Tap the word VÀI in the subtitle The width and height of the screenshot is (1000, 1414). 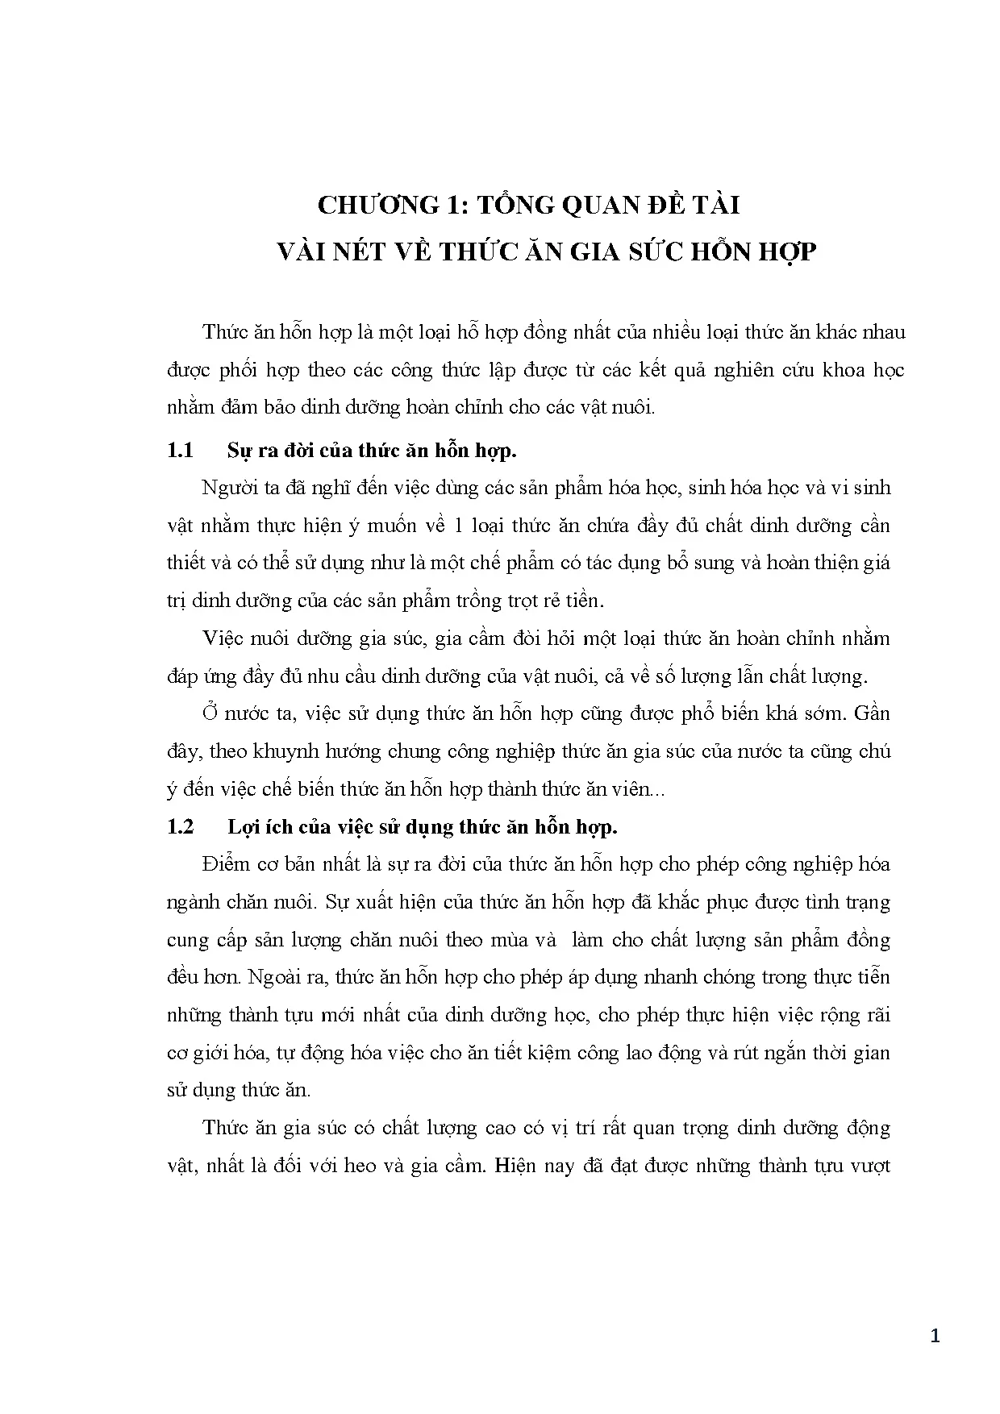(x=303, y=252)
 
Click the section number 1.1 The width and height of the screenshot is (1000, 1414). (x=180, y=451)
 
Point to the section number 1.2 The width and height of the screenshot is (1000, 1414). (x=180, y=827)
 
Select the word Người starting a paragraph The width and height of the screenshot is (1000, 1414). (x=227, y=489)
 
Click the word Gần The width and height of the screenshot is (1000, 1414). (x=871, y=713)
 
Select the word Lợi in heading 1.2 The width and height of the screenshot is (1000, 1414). (x=242, y=827)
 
